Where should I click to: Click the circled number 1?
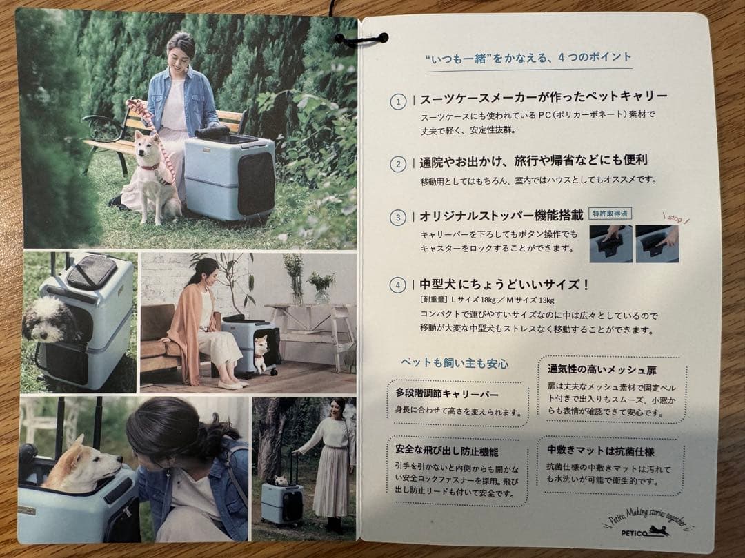[398, 102]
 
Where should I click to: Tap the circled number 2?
[398, 165]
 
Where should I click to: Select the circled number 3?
[398, 218]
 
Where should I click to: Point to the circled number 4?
[398, 285]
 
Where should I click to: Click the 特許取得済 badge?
[611, 214]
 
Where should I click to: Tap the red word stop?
[673, 218]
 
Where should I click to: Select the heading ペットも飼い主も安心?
[454, 363]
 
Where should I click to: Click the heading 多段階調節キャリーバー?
[447, 394]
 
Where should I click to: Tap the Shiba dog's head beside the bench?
[147, 145]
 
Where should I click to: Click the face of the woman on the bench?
[179, 50]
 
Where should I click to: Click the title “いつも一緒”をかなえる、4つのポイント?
[528, 58]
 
